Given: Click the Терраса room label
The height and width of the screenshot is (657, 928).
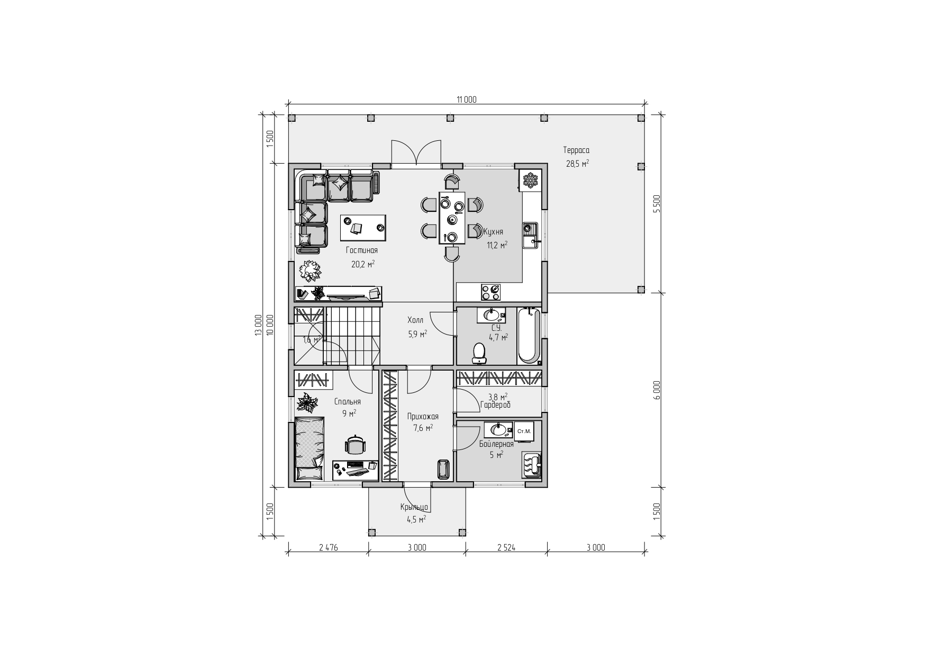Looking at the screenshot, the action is [x=576, y=150].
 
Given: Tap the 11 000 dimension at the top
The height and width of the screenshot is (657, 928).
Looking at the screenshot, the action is [x=467, y=100].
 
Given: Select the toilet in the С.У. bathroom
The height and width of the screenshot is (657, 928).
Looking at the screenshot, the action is [x=479, y=353].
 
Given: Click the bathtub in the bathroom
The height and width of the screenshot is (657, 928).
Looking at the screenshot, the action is [x=529, y=335].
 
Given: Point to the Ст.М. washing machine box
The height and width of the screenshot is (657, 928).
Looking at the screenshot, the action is [x=524, y=431].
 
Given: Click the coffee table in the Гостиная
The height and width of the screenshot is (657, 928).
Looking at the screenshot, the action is [x=363, y=227].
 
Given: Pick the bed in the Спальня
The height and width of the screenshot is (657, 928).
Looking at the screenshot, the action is [x=310, y=449].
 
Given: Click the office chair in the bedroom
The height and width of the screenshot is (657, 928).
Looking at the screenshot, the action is [x=355, y=445].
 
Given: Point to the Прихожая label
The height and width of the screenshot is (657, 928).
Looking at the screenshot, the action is [x=423, y=417].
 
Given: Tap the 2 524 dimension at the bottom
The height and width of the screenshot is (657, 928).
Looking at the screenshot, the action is [x=506, y=548].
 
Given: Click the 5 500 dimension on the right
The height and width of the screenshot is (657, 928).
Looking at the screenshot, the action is [x=657, y=204].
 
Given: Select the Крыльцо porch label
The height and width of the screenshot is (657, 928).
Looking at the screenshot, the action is [x=414, y=507].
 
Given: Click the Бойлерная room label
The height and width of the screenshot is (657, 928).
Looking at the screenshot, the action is [x=496, y=444].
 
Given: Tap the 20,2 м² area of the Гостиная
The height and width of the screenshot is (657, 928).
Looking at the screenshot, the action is [x=363, y=263].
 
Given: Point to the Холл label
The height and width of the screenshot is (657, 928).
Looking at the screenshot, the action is [x=415, y=320].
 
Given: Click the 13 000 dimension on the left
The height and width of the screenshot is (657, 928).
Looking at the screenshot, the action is [x=258, y=325].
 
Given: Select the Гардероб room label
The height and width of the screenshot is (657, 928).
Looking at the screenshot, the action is [x=495, y=405].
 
